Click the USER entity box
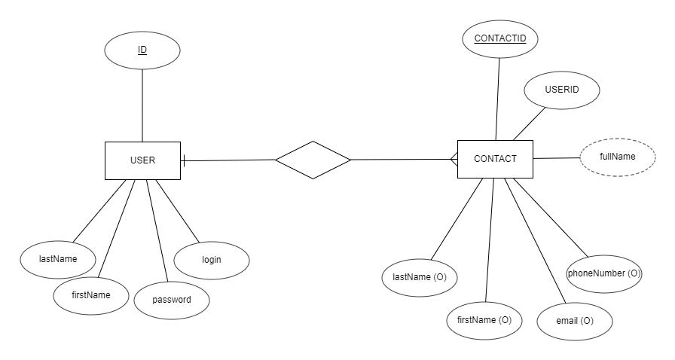click(x=142, y=160)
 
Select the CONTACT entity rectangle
click(x=495, y=159)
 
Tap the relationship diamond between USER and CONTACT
click(x=313, y=160)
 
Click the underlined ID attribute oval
click(x=142, y=50)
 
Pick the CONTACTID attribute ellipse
click(x=500, y=38)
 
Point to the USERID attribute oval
click(x=562, y=90)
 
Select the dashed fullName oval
click(x=618, y=157)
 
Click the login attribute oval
click(x=212, y=260)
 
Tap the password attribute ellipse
click(x=172, y=300)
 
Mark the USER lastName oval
click(x=58, y=258)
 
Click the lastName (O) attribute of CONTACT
click(x=420, y=277)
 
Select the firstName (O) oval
click(x=484, y=320)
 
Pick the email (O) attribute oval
click(x=575, y=322)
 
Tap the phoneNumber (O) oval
click(x=603, y=273)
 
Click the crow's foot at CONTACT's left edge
click(x=454, y=159)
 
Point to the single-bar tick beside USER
click(x=185, y=160)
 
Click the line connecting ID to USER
click(x=142, y=105)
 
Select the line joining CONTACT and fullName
click(x=557, y=158)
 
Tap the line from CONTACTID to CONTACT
click(x=498, y=98)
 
